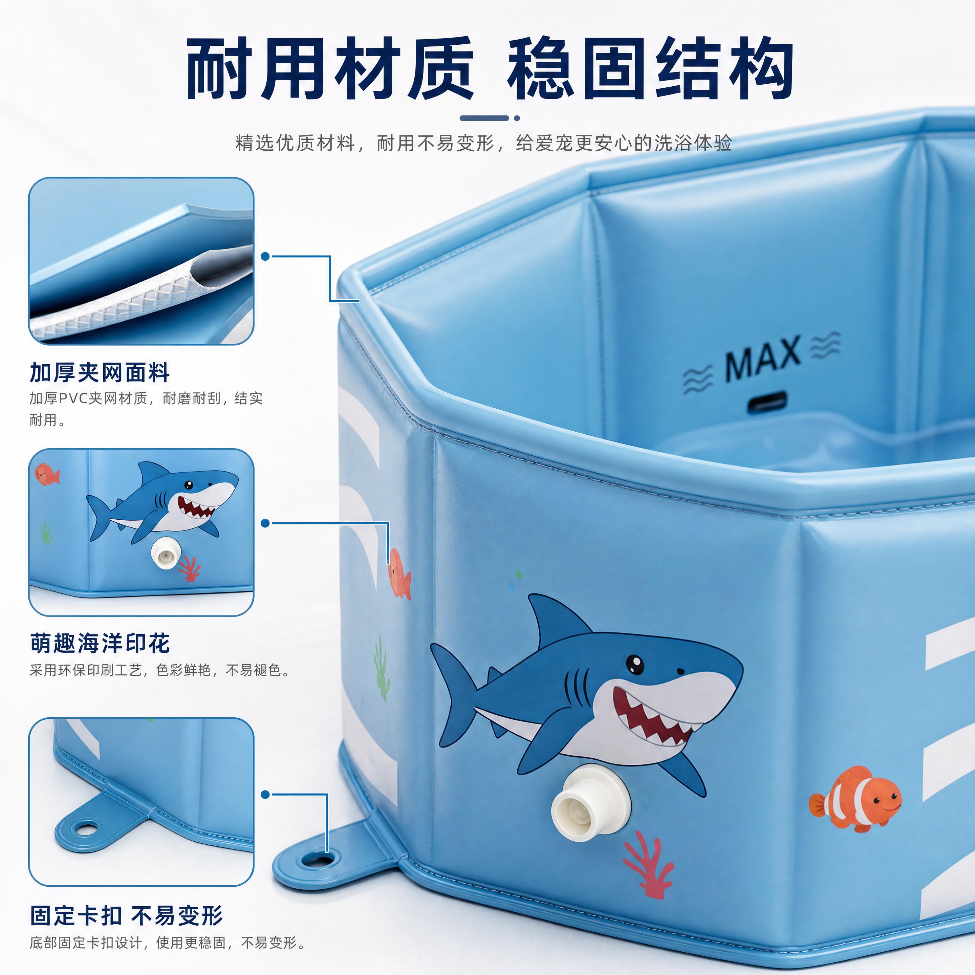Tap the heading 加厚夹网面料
pyautogui.click(x=100, y=372)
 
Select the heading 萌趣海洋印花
pyautogui.click(x=100, y=644)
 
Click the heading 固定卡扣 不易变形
pyautogui.click(x=126, y=915)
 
